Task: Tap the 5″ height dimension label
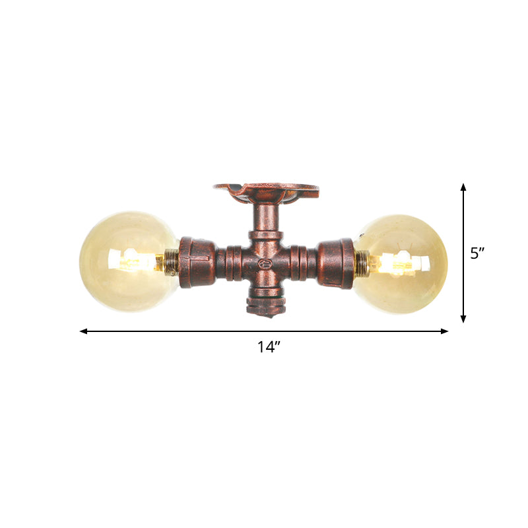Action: click(478, 253)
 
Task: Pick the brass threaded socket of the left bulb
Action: click(170, 263)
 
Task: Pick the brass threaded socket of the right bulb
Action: click(362, 262)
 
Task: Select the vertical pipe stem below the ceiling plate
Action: click(267, 218)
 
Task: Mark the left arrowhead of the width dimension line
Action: click(84, 331)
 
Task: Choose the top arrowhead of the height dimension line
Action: click(463, 188)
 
